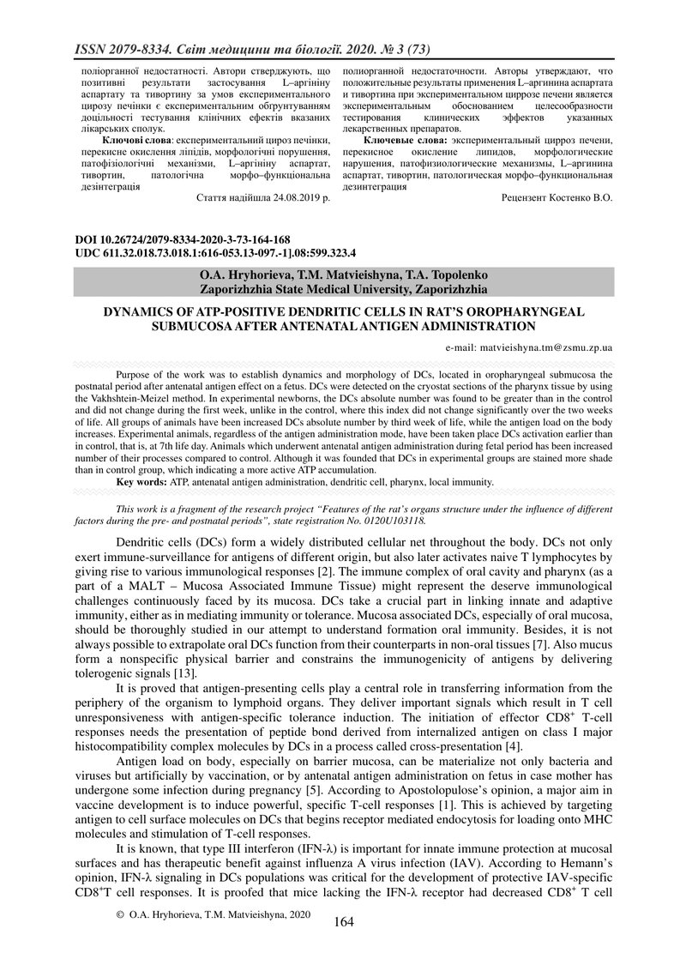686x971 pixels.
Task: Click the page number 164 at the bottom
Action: coord(343,922)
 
